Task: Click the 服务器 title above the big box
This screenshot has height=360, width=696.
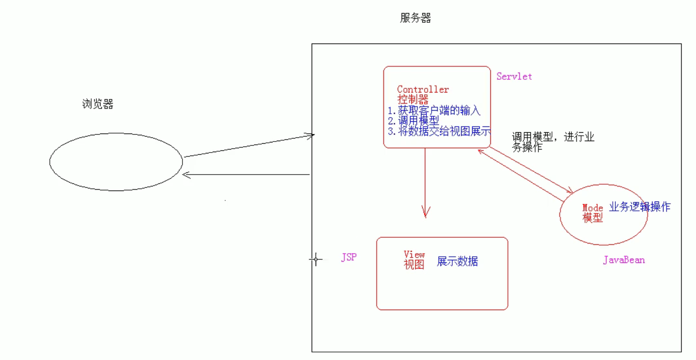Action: (415, 18)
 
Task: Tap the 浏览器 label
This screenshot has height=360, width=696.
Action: (98, 104)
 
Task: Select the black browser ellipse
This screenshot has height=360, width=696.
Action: (116, 162)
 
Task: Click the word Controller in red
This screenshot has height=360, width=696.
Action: (423, 90)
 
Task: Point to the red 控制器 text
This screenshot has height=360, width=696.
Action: (413, 100)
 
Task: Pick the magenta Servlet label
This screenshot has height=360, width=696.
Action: (514, 76)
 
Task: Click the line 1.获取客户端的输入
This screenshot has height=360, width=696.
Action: (434, 111)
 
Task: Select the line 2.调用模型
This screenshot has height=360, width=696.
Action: (413, 121)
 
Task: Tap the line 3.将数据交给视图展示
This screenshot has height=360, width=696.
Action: (439, 131)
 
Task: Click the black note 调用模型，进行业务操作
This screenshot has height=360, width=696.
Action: (552, 142)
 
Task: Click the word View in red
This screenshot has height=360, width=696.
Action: (414, 254)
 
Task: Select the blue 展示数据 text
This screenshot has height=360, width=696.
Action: (457, 262)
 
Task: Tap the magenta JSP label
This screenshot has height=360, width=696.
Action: (349, 257)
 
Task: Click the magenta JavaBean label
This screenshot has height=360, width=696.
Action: (624, 260)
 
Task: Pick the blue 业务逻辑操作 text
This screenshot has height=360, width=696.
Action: (639, 207)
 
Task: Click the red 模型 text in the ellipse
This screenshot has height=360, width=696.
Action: (593, 218)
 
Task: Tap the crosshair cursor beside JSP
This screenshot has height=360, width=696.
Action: (316, 259)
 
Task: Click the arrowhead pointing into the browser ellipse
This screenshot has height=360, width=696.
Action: (186, 175)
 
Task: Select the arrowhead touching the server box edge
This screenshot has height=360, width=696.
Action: (310, 136)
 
